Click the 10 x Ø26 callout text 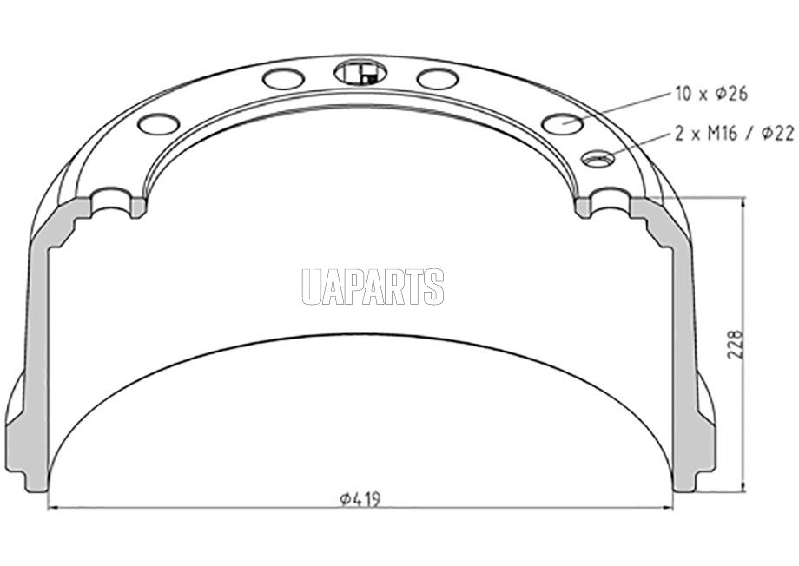tap(711, 94)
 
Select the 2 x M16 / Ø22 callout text tap(734, 134)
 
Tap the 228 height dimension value tap(736, 345)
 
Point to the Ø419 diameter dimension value tap(360, 499)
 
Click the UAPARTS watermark tap(373, 286)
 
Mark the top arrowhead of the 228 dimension tap(744, 202)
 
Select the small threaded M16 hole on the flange tap(598, 158)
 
